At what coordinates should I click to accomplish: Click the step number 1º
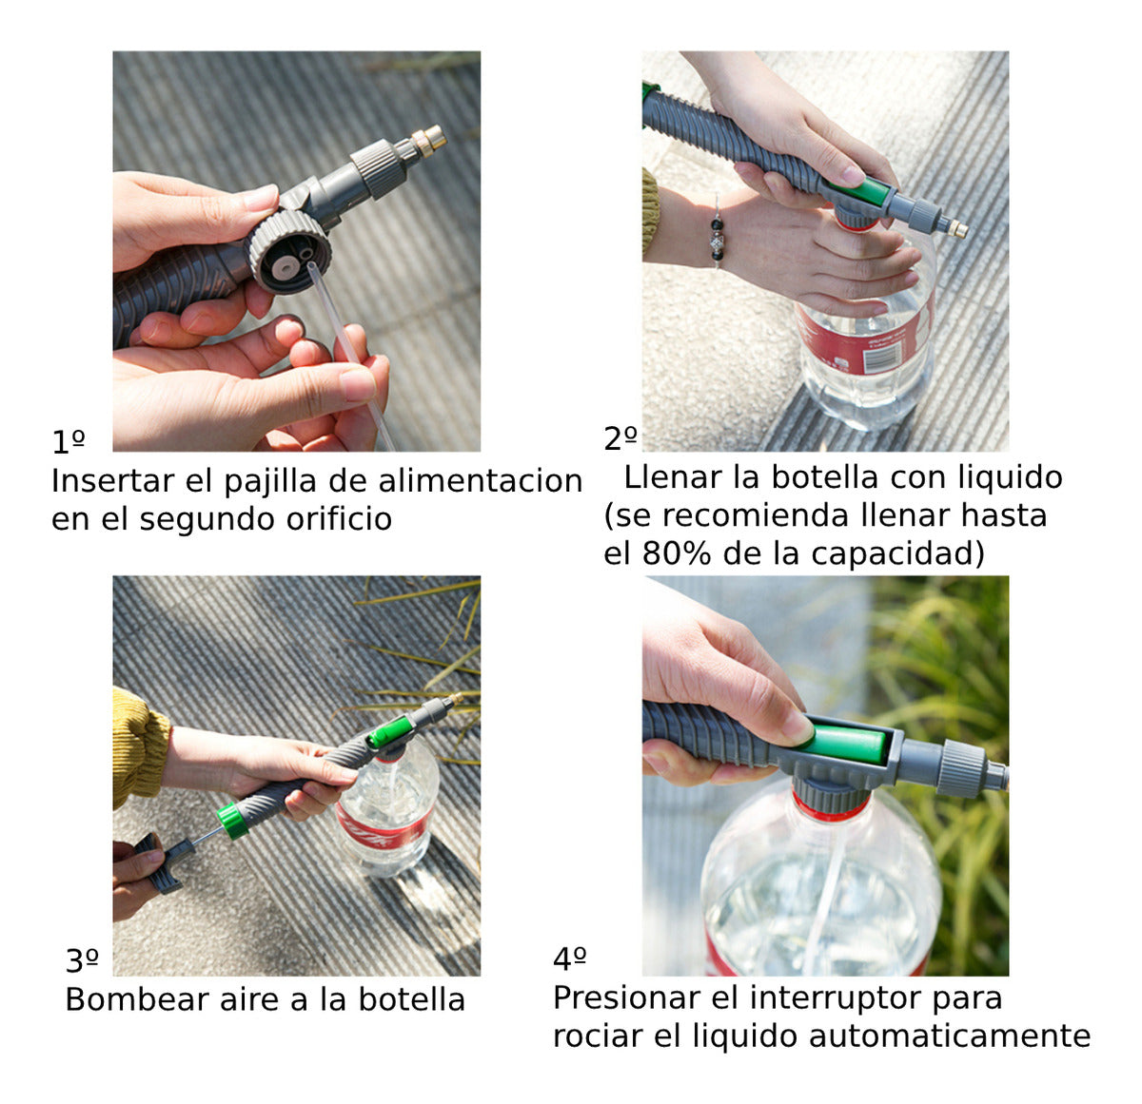pos(68,442)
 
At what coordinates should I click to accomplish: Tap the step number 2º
pos(620,438)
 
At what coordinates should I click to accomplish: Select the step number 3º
pos(82,961)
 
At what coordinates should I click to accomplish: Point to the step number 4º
pos(569,959)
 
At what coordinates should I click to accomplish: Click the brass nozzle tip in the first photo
pos(429,139)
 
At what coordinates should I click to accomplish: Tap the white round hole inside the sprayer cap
pos(284,266)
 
